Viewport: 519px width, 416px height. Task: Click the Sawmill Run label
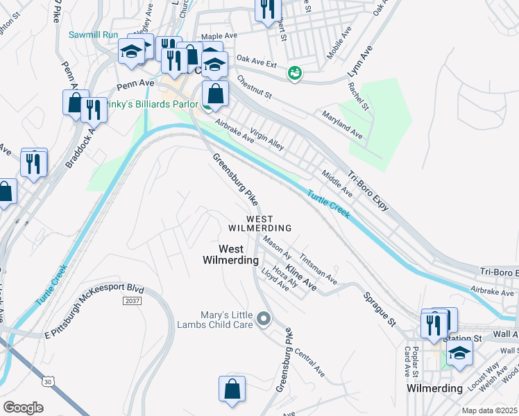pos(94,35)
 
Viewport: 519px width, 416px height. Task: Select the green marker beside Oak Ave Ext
pos(295,73)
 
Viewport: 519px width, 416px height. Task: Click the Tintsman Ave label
pos(318,267)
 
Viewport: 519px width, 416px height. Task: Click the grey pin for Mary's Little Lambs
pos(263,319)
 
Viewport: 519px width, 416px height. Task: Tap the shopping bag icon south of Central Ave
pos(232,390)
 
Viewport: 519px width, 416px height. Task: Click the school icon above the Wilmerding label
pos(459,353)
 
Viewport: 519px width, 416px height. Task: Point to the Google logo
pos(24,408)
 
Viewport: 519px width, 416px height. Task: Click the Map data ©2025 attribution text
pos(489,410)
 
